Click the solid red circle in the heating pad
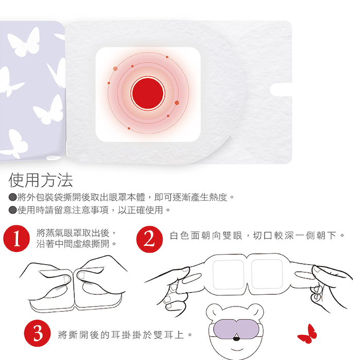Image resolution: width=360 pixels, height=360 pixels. point(148,94)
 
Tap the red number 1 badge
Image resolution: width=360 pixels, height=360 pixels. point(16,239)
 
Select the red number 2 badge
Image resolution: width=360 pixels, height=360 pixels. point(150,239)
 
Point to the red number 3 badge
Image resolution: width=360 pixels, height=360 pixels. point(38,333)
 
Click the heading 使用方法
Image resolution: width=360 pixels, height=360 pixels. point(41,180)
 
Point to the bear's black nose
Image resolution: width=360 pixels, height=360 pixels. point(236,338)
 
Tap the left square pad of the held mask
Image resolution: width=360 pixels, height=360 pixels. point(228,275)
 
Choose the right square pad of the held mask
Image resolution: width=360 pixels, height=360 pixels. point(267,274)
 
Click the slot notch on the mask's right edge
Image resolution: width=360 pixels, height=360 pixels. point(281,90)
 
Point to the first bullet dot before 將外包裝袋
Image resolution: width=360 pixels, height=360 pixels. point(13,197)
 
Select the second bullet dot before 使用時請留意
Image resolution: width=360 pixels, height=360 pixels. point(13,210)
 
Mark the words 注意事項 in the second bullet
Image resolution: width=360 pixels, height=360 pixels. point(90,210)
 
